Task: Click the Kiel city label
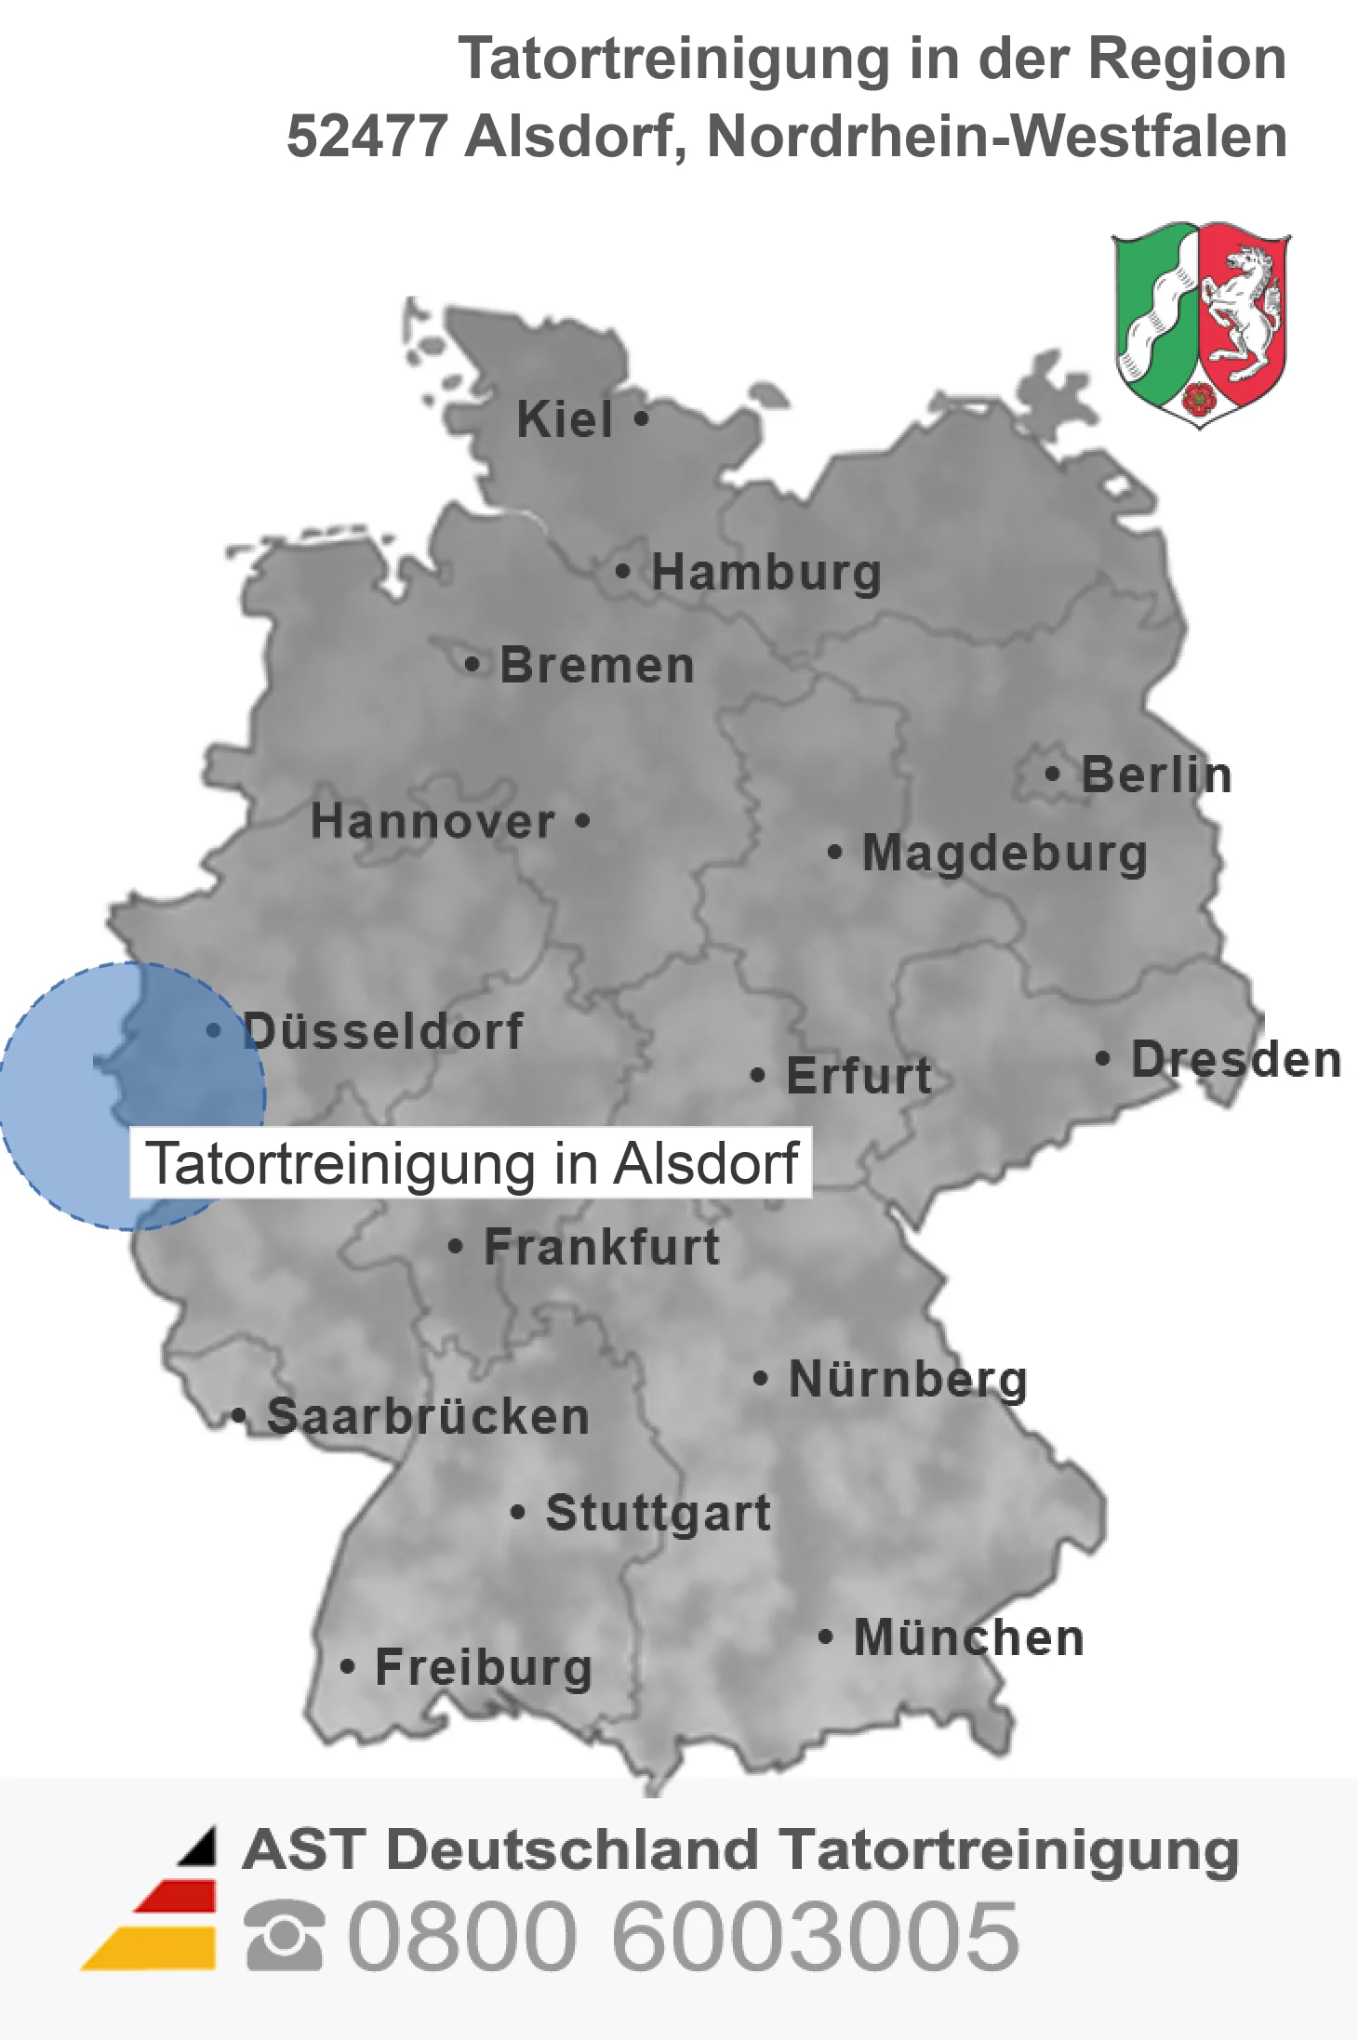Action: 565,419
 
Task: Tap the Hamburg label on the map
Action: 766,572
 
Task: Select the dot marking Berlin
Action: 1052,774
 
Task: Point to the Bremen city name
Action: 597,666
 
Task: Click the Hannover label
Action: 433,821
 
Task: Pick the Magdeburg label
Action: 1005,854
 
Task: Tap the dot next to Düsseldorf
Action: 214,1030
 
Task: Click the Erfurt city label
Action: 859,1076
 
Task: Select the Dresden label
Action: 1236,1060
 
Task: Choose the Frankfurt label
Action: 602,1247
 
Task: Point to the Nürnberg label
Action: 908,1379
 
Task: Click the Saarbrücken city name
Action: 428,1417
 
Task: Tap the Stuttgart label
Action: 659,1513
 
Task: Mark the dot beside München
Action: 825,1636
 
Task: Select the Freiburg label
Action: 484,1667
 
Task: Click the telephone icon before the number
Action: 284,1935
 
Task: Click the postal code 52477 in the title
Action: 367,137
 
